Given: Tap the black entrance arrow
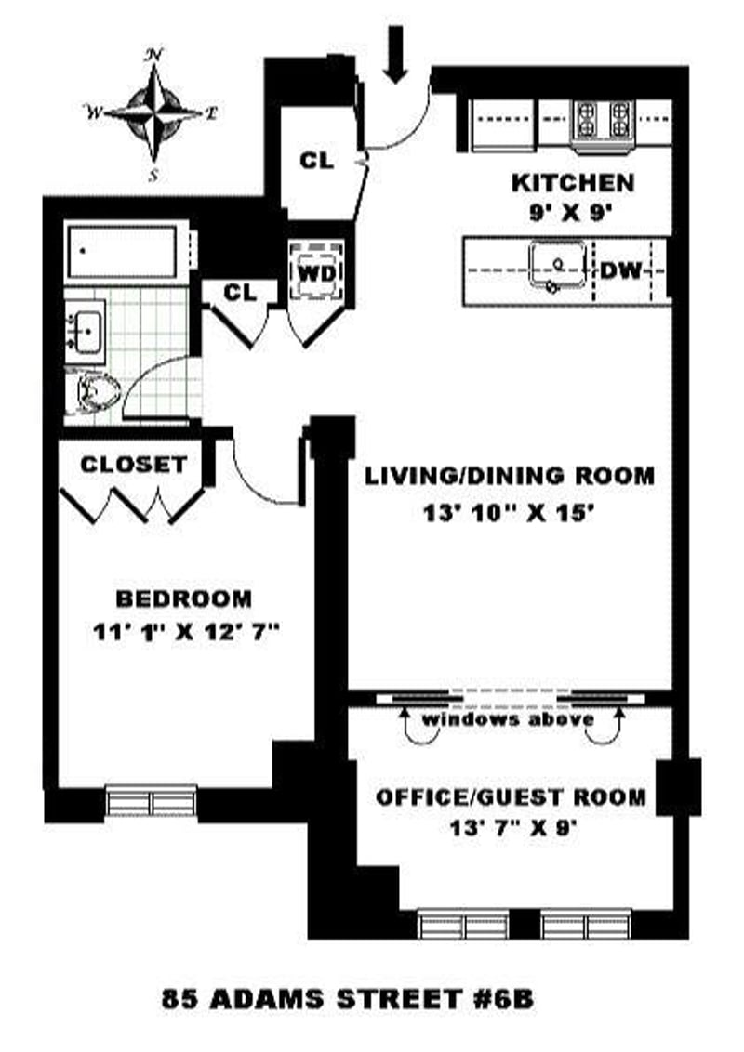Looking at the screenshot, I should (x=396, y=54).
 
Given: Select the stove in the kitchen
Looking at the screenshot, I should (x=601, y=123).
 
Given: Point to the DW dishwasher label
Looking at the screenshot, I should (x=622, y=270).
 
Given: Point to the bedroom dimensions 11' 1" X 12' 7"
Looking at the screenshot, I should (x=186, y=632).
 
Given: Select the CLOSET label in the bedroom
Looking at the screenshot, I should (x=133, y=465).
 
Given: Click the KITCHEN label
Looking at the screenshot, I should (x=573, y=183).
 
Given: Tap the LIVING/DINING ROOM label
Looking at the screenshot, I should (x=510, y=476).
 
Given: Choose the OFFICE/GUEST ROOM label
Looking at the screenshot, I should (x=511, y=796).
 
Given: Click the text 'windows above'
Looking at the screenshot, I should (x=509, y=720).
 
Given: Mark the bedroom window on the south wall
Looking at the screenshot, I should (x=151, y=799).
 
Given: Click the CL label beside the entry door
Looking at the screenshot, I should (x=317, y=160).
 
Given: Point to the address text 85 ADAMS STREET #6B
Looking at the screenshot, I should (x=348, y=1000).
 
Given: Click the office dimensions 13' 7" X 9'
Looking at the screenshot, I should (x=511, y=829).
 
